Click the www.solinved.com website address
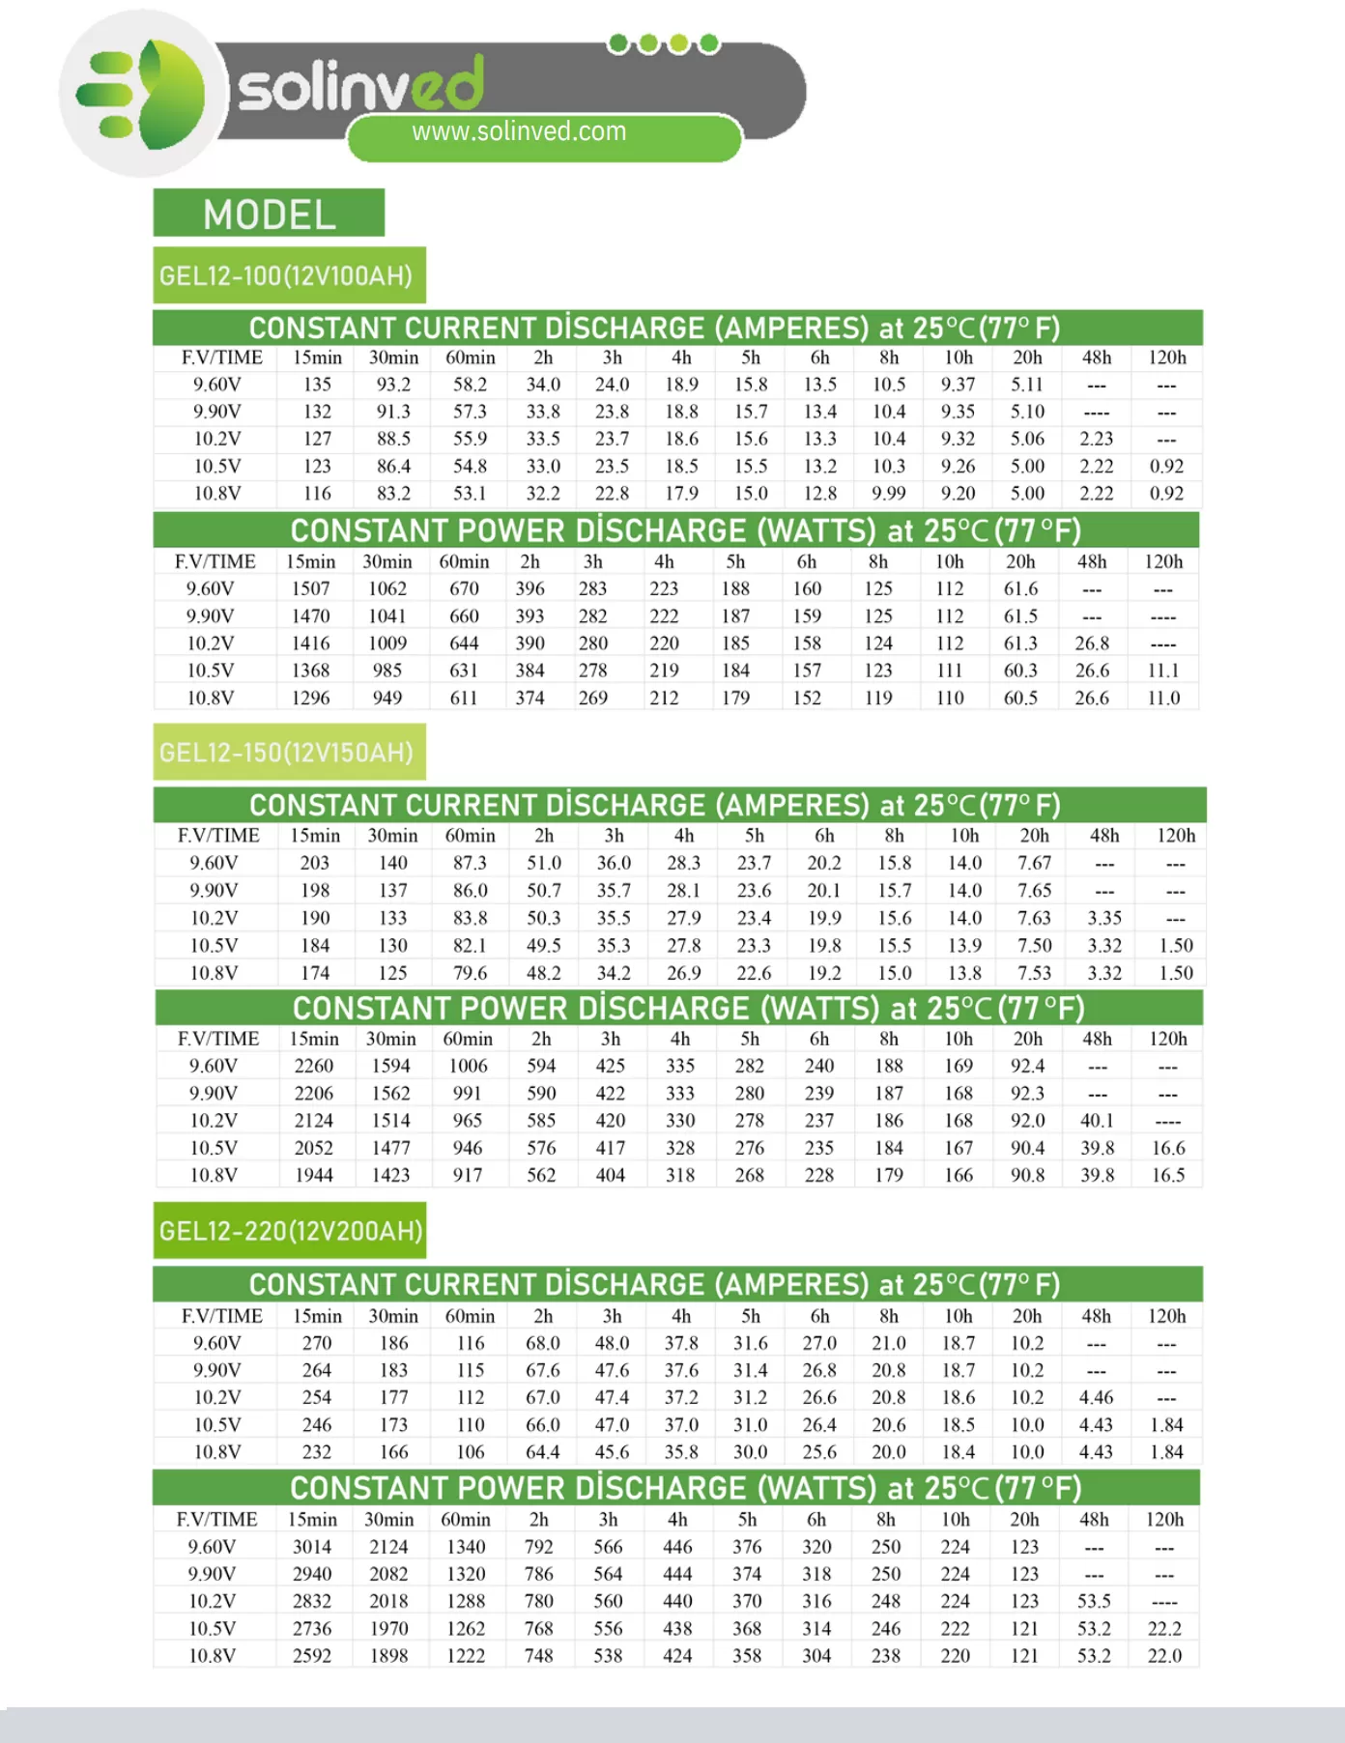tap(519, 131)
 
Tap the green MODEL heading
tap(269, 214)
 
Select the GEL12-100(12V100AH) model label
tap(286, 276)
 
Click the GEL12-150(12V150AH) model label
tap(286, 753)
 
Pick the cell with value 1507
tap(310, 588)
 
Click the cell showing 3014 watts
tap(312, 1547)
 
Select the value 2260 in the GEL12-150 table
tap(314, 1066)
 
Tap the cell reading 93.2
tap(393, 385)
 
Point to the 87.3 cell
tap(470, 863)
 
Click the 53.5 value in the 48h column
tap(1094, 1601)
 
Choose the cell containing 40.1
tap(1097, 1121)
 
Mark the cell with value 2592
tap(312, 1656)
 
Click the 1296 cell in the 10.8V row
tap(310, 698)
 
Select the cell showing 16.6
tap(1168, 1148)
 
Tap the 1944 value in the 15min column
tap(314, 1176)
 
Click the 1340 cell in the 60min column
tap(466, 1547)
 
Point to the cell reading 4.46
tap(1096, 1397)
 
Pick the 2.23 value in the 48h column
tap(1097, 439)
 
